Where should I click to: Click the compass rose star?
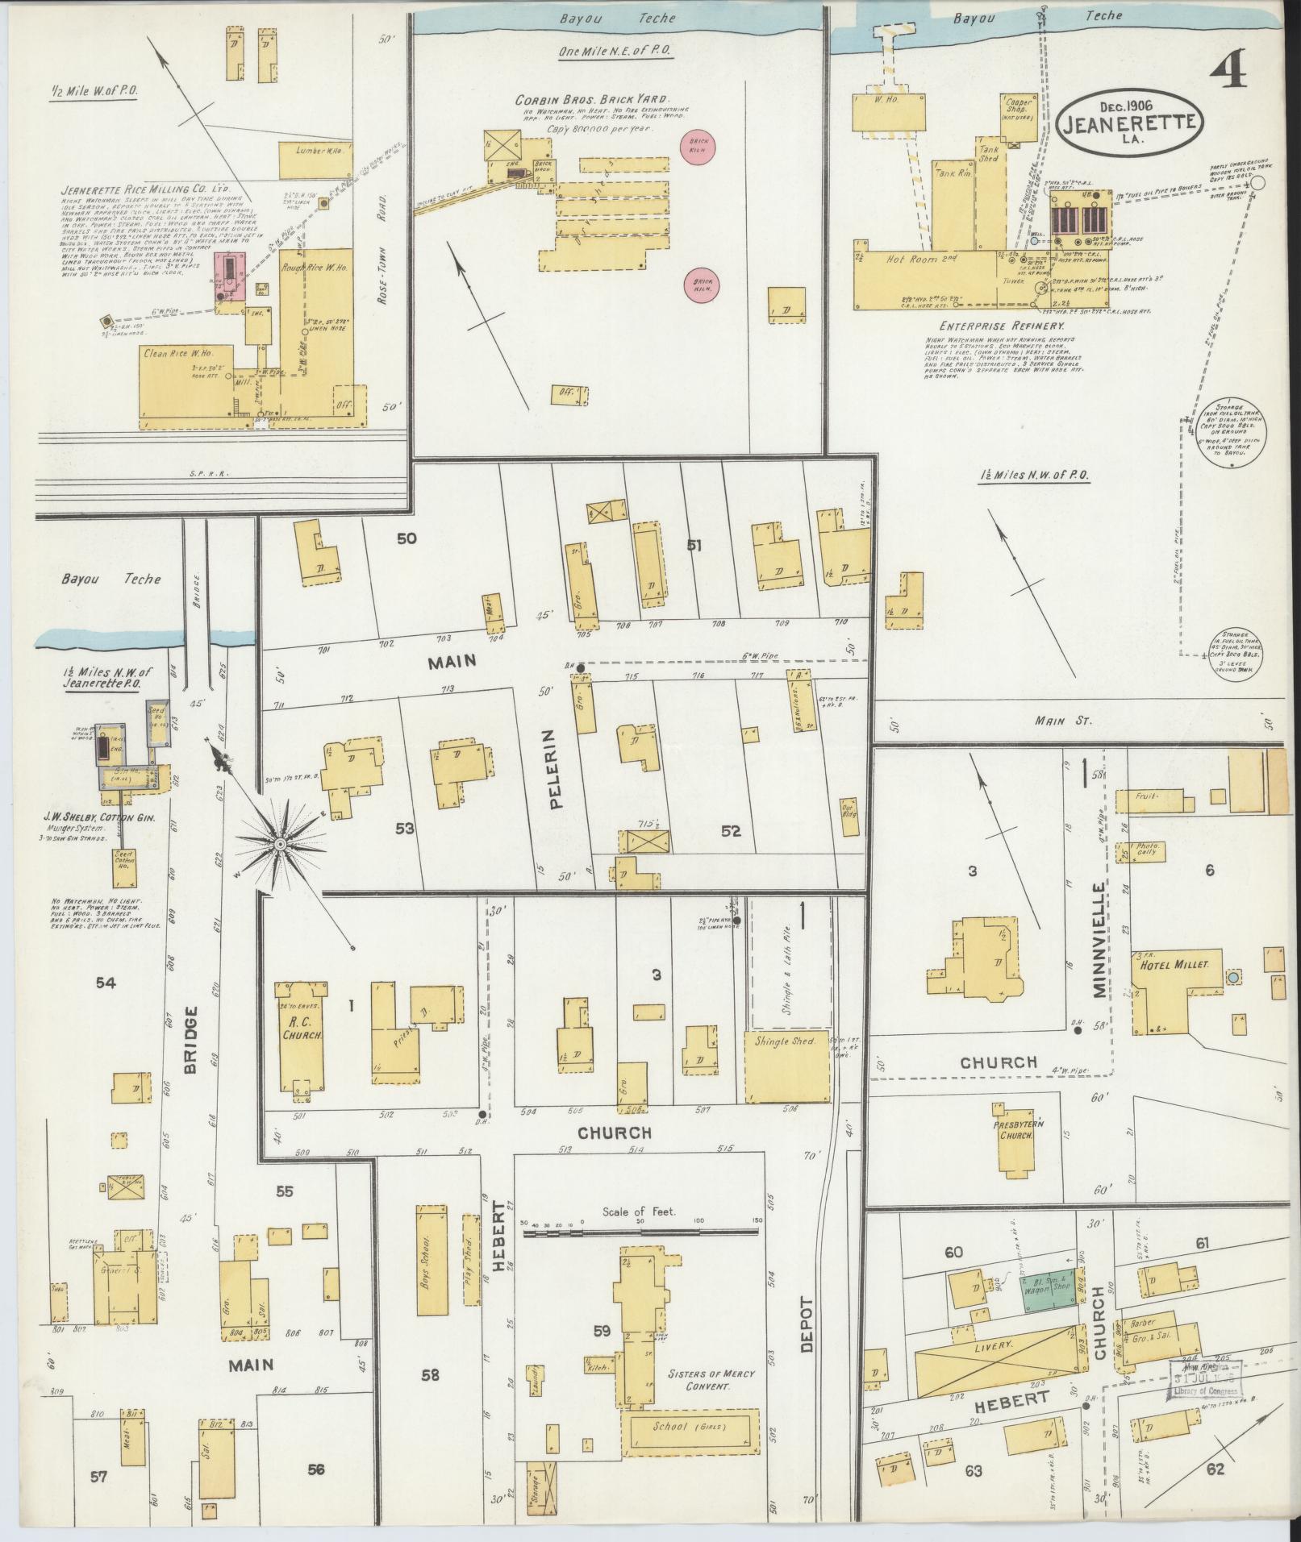(279, 843)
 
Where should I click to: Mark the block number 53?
(406, 828)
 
